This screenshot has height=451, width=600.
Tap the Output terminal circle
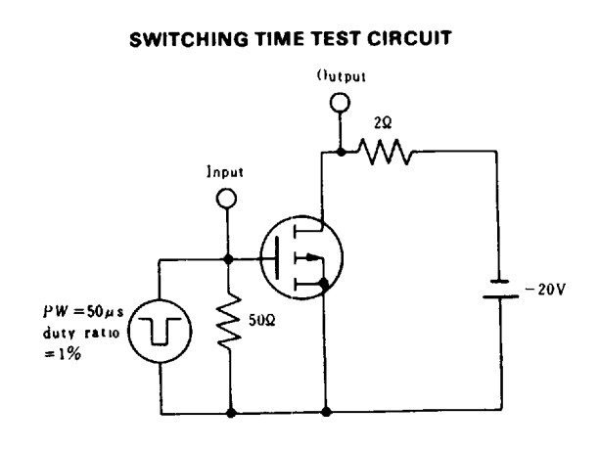(340, 103)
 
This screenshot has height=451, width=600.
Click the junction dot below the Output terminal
(340, 151)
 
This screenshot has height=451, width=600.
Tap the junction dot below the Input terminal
(229, 259)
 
